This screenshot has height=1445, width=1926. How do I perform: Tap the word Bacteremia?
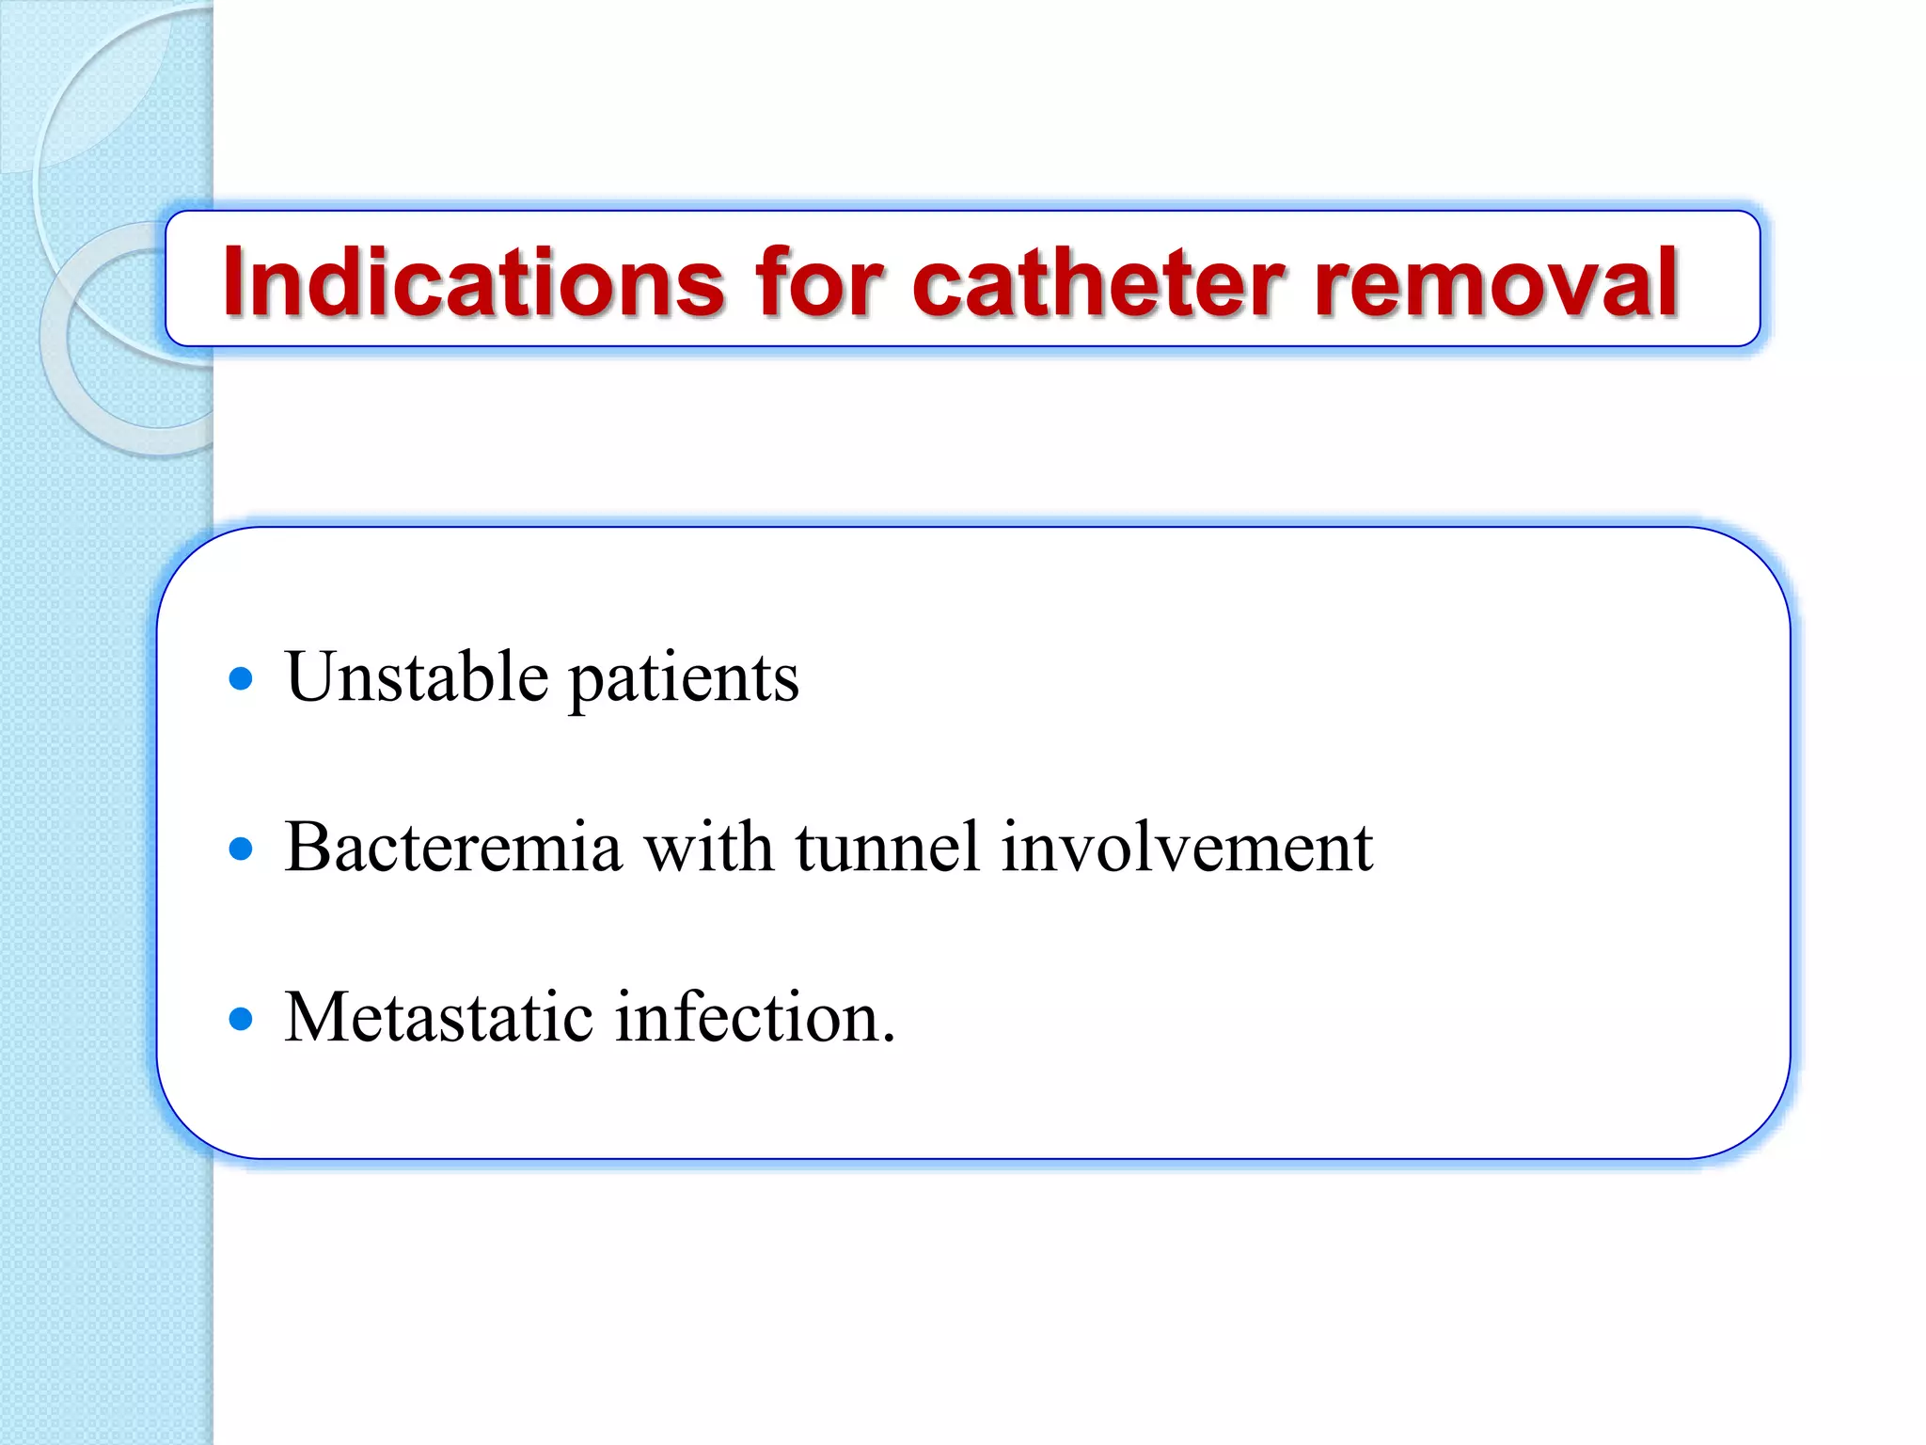click(x=452, y=847)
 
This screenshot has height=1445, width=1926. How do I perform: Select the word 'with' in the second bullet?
click(x=708, y=847)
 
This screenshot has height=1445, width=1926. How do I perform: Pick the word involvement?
click(x=1187, y=847)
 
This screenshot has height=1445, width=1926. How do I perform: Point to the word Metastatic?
click(x=438, y=1017)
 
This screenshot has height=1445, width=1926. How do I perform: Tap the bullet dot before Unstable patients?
click(x=242, y=678)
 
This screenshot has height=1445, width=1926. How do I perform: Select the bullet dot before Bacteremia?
click(x=242, y=849)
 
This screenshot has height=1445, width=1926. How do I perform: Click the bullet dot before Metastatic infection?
click(x=242, y=1019)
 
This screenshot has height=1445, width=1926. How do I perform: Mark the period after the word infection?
click(x=889, y=1039)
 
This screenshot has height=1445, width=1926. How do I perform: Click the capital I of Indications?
click(x=233, y=281)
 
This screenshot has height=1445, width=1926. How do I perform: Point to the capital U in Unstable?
click(x=312, y=676)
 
